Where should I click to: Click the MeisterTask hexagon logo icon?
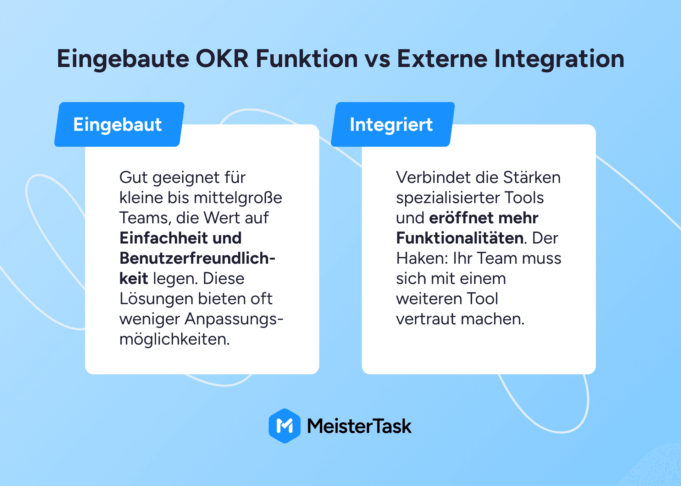(x=284, y=426)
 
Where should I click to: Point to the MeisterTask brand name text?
(x=359, y=426)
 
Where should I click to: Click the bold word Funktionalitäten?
(x=460, y=238)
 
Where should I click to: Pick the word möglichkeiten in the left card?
(x=175, y=339)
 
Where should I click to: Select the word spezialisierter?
(x=448, y=198)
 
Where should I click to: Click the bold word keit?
(x=134, y=278)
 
